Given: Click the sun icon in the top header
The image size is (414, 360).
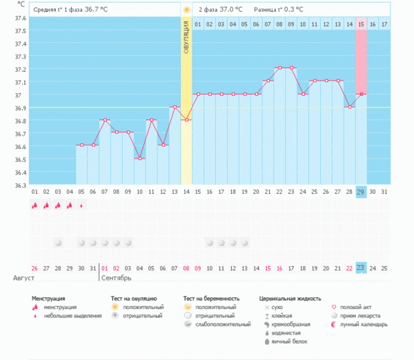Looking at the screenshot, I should point(186,10).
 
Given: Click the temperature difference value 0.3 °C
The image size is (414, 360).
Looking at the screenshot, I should point(288,10).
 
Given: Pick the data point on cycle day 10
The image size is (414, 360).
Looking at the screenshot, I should point(140,159).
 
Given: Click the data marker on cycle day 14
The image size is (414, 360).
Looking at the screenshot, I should point(186,120).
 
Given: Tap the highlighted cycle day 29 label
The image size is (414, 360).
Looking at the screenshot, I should point(361,191).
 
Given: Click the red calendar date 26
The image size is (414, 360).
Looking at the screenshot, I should point(34,268).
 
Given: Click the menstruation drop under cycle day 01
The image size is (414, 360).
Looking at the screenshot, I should point(34,205).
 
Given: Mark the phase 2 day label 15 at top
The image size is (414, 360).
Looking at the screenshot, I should point(361,24).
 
